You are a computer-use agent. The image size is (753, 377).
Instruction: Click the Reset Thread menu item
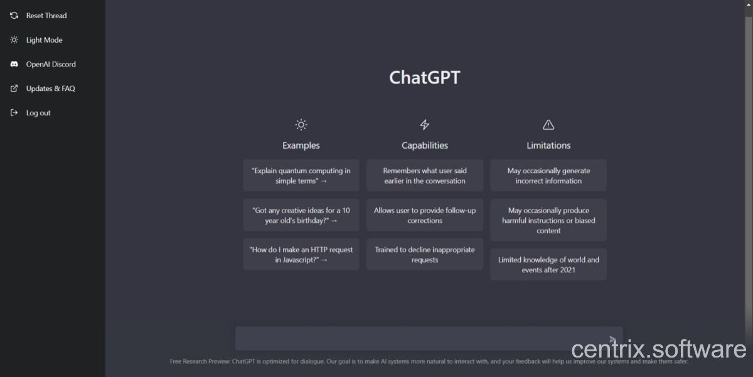tap(38, 16)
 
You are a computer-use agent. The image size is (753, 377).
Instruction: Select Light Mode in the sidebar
tap(36, 40)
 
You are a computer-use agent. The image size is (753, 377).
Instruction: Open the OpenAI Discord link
tap(43, 64)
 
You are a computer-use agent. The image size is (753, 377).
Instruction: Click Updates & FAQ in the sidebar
tap(43, 88)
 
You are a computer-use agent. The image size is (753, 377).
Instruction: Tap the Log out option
tap(30, 112)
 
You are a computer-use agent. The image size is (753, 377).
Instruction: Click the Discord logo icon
tap(14, 64)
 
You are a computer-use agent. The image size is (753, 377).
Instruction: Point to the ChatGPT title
tap(425, 77)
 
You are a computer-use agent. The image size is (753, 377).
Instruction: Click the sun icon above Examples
tap(301, 125)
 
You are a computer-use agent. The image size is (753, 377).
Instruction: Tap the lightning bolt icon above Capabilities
tap(425, 125)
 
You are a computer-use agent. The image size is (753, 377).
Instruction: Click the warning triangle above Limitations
tap(548, 125)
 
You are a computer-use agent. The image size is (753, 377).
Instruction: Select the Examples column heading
tap(301, 145)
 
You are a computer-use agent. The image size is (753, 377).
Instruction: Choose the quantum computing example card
tap(301, 176)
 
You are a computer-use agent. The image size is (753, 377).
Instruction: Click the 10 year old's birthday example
tap(301, 215)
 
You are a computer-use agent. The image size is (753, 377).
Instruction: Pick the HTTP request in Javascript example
tap(301, 254)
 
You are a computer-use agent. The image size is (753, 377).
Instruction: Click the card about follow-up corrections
tap(425, 215)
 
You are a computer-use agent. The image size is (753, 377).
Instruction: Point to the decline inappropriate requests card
tap(425, 254)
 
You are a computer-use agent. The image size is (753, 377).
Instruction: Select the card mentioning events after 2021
tap(548, 265)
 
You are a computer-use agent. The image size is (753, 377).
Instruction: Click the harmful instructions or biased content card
tap(548, 220)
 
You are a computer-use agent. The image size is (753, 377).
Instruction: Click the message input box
tap(403, 338)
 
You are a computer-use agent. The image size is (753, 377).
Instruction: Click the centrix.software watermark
tap(658, 349)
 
